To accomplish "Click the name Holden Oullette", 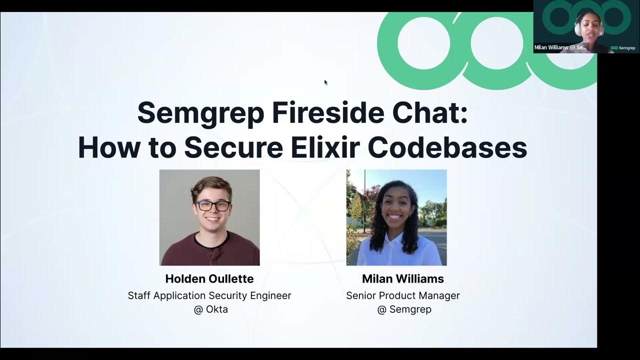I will coord(209,279).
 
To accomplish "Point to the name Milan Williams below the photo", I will coord(403,279).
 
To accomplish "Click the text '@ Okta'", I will coord(210,309).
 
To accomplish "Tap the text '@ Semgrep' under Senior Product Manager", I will coord(404,309).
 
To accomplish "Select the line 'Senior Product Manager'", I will coord(403,295).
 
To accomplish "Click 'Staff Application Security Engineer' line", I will coord(209,295).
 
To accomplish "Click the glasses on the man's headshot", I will coord(212,205).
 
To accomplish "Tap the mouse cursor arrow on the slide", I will coord(325,82).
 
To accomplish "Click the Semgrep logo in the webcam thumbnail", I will coord(623,48).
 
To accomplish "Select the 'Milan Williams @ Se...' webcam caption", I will coord(560,47).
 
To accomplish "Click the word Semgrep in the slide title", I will coord(200,113).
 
